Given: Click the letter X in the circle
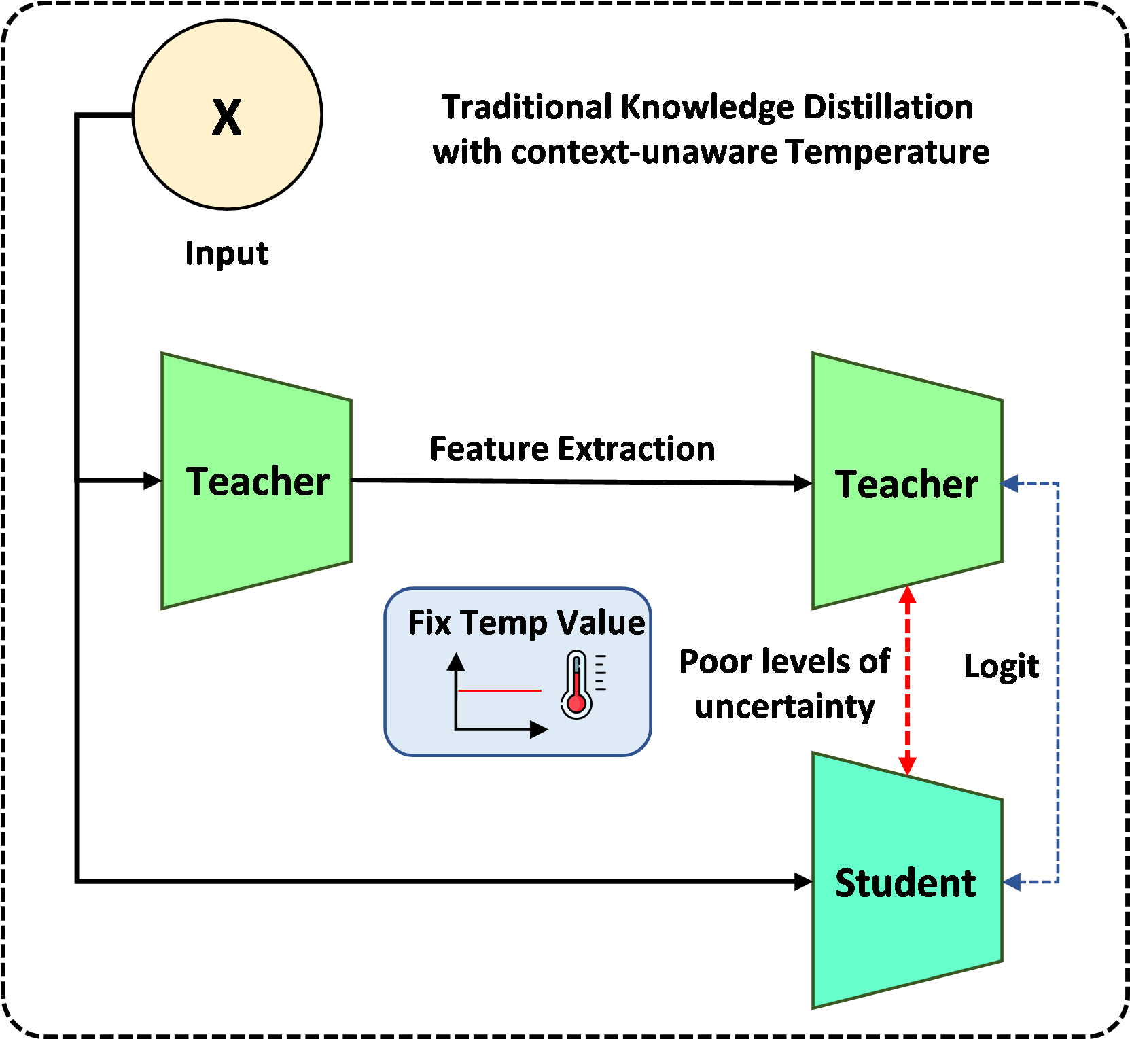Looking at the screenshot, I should pyautogui.click(x=226, y=117).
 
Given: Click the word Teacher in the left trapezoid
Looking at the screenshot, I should pyautogui.click(x=258, y=482).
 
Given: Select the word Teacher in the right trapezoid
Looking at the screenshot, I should pyautogui.click(x=906, y=485).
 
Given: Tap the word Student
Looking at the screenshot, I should pyautogui.click(x=905, y=883).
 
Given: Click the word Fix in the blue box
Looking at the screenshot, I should pyautogui.click(x=429, y=622).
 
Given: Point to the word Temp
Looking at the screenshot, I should pyautogui.click(x=504, y=624).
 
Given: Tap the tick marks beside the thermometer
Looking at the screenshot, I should pyautogui.click(x=600, y=673).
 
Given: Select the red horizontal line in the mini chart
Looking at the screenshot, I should pyautogui.click(x=499, y=690).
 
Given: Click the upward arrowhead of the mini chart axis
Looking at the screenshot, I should pyautogui.click(x=456, y=662).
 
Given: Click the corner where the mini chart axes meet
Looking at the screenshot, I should pyautogui.click(x=456, y=730).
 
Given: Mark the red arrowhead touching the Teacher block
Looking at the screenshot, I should pyautogui.click(x=907, y=596).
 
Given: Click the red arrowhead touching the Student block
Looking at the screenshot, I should pyautogui.click(x=907, y=766).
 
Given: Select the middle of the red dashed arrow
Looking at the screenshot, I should pyautogui.click(x=907, y=681).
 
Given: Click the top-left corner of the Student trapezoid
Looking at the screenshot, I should pyautogui.click(x=814, y=754).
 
